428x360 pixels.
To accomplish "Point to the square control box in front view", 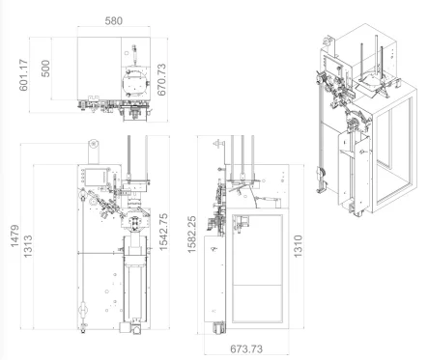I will pyautogui.click(x=98, y=175).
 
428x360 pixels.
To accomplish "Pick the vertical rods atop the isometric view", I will pyautogui.click(x=369, y=53).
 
